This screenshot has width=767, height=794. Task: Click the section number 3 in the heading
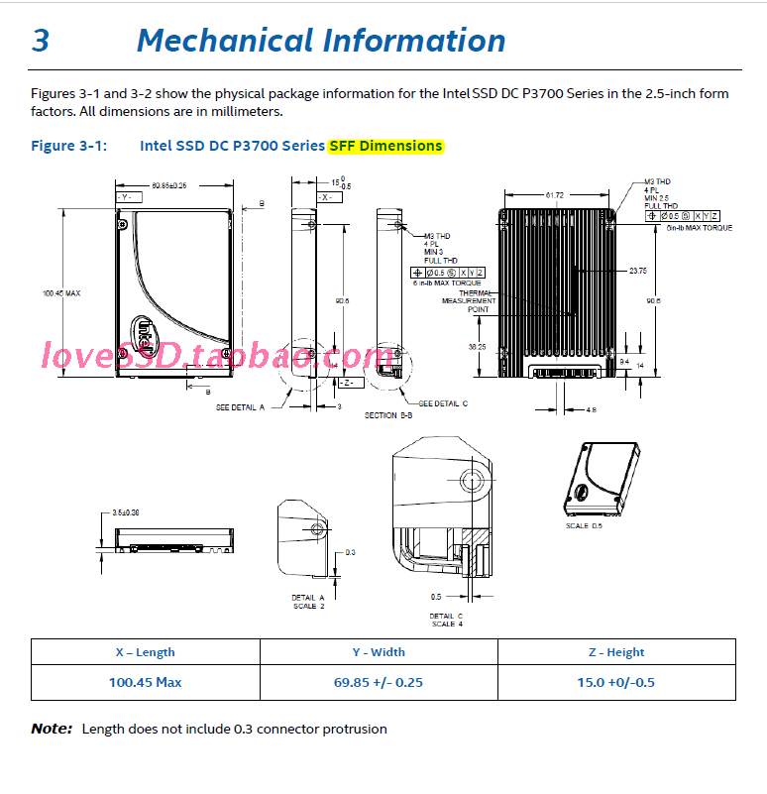pyautogui.click(x=41, y=41)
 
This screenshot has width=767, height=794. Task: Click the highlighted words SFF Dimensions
pyautogui.click(x=386, y=146)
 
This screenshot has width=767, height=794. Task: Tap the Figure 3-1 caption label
pyautogui.click(x=67, y=146)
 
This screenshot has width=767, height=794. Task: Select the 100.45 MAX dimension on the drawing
pyautogui.click(x=60, y=292)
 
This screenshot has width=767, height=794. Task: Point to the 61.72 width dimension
pyautogui.click(x=554, y=195)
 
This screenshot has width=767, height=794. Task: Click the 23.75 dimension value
pyautogui.click(x=637, y=270)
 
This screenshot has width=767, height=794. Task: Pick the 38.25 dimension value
pyautogui.click(x=477, y=347)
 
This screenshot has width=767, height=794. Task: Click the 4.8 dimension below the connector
pyautogui.click(x=592, y=409)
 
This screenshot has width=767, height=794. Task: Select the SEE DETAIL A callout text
pyautogui.click(x=241, y=406)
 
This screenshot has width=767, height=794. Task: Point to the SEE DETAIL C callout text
pyautogui.click(x=443, y=403)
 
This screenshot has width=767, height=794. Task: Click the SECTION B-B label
pyautogui.click(x=388, y=414)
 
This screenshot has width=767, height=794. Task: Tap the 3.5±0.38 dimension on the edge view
pyautogui.click(x=126, y=512)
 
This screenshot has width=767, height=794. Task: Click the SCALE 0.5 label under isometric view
pyautogui.click(x=584, y=525)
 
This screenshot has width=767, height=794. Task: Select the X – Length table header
pyautogui.click(x=145, y=652)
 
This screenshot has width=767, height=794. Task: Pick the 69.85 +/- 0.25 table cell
pyautogui.click(x=379, y=682)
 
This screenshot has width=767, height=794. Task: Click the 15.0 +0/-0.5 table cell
pyautogui.click(x=616, y=682)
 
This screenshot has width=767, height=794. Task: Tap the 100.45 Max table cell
pyautogui.click(x=145, y=682)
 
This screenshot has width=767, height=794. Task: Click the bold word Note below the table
pyautogui.click(x=52, y=729)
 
